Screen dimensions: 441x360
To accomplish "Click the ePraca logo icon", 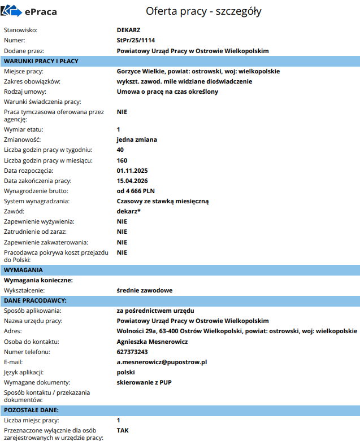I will (x=11, y=11).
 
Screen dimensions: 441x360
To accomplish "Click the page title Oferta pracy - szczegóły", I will (x=203, y=11).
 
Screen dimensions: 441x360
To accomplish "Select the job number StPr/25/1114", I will (x=136, y=41).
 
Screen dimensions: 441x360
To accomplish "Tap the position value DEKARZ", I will (x=128, y=30).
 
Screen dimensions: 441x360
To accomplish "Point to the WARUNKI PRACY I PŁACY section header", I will (x=41, y=61).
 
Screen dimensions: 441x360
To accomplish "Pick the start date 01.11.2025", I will (x=132, y=171).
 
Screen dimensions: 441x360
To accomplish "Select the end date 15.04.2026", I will (x=132, y=181).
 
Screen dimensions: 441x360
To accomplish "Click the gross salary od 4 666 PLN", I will (x=139, y=191).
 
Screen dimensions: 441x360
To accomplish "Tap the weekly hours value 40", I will (x=120, y=150).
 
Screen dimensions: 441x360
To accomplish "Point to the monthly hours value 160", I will (x=122, y=160).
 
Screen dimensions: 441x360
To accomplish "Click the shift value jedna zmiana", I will (x=137, y=139).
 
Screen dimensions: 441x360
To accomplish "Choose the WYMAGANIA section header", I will (x=24, y=270).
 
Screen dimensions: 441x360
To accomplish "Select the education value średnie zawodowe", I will (x=145, y=290).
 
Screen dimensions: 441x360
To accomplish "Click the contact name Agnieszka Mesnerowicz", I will (x=152, y=342).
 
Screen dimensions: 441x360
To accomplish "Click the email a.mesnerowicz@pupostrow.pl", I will (x=162, y=362).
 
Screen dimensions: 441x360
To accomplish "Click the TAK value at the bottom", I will (x=123, y=430).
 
